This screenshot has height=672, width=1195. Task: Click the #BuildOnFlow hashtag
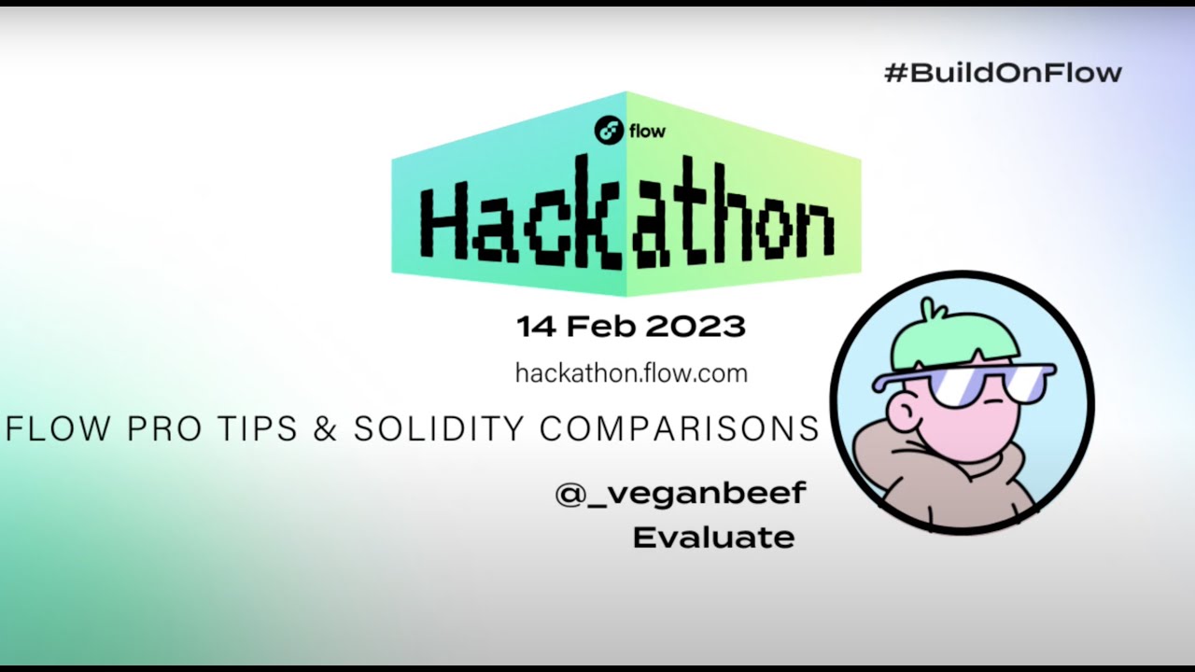[1002, 73]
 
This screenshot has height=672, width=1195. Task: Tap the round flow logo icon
[610, 131]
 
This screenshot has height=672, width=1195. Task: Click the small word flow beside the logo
[647, 132]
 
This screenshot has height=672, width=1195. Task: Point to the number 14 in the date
[536, 327]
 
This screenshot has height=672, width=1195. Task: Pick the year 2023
[695, 327]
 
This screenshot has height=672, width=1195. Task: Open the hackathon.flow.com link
[631, 374]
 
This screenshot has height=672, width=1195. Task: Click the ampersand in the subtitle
[326, 428]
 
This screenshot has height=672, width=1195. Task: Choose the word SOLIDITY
[438, 428]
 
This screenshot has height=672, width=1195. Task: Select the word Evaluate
[713, 538]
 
